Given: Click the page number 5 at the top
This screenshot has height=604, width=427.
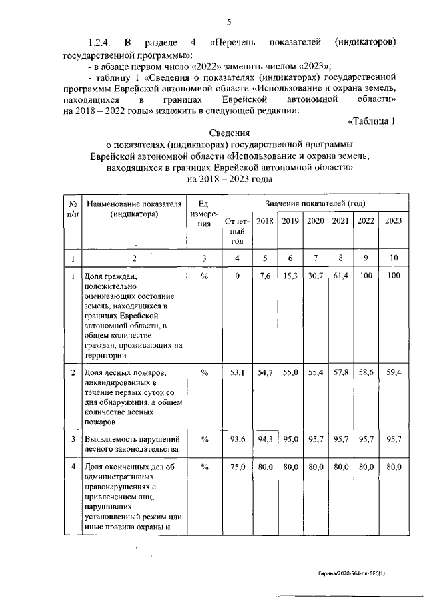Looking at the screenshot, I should pos(229,22).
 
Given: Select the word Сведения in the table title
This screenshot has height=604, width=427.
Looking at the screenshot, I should pos(229,133).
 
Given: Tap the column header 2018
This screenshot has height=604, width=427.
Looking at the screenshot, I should pos(265,221).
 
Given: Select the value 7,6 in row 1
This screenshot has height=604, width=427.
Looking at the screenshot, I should pos(265,276).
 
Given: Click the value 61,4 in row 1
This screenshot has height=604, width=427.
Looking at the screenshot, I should pos(340,276).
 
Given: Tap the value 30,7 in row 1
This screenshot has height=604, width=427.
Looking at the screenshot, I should pos(315,276).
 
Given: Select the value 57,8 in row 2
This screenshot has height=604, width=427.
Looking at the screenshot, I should pos(340,372).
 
